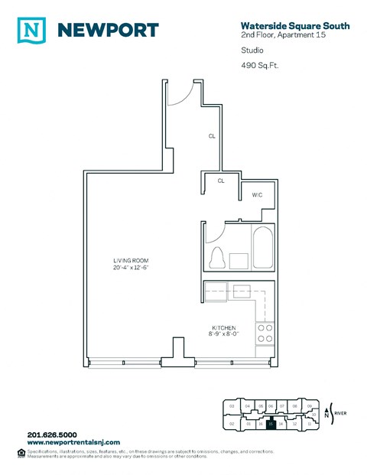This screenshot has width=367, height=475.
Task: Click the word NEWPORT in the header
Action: coord(109,30)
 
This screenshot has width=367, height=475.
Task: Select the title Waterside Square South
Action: coord(295,26)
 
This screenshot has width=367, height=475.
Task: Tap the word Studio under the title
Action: coord(250,50)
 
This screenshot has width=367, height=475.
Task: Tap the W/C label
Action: coord(258,195)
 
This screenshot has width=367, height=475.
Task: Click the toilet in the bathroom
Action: coord(216,258)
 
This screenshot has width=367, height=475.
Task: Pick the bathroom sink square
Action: coord(239,260)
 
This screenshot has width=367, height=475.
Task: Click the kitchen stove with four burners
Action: coord(265,333)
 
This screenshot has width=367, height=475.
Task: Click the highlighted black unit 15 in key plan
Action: coord(270,423)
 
